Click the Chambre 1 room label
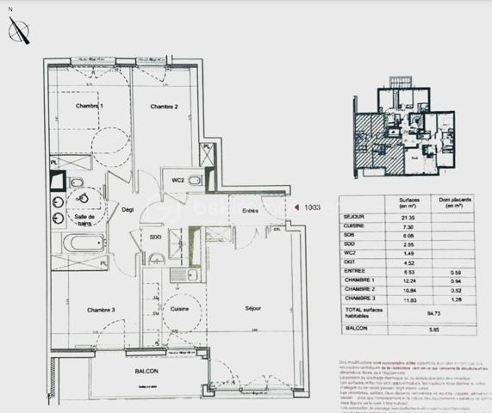tap(89, 106)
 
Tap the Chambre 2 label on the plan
tap(164, 107)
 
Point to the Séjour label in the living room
tap(252, 308)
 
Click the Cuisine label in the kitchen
tap(179, 308)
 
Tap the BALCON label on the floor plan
tap(146, 371)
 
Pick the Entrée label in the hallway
tap(251, 211)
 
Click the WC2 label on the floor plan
tap(177, 180)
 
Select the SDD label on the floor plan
tap(155, 237)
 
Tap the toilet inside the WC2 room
tap(195, 181)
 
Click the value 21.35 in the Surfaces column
tap(402, 218)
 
